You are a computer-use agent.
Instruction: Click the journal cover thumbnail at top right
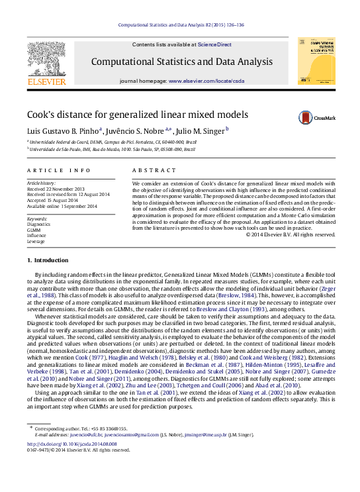click(316, 60)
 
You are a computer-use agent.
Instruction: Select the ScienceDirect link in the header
click(216, 44)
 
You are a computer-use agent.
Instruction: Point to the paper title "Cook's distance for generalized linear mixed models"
click(138, 114)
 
